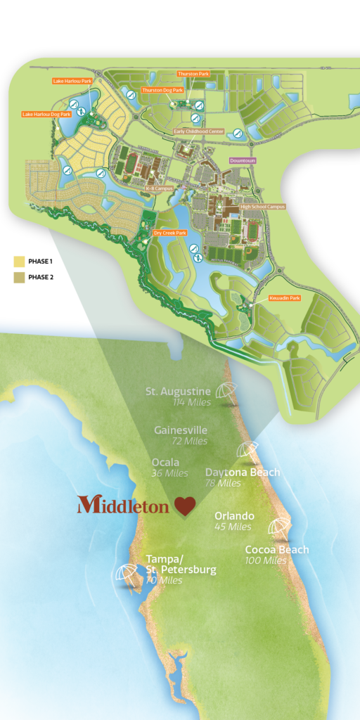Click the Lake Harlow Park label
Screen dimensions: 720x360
point(72,81)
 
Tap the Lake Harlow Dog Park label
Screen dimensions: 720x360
point(46,114)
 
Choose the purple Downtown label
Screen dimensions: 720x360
point(243,160)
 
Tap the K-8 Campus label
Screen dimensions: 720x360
point(160,188)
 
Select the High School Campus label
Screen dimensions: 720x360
point(263,207)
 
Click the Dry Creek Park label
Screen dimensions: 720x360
point(169,233)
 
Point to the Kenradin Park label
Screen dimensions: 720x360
point(284,298)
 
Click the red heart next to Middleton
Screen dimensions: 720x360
point(185,506)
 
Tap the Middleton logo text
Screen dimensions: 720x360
point(123,504)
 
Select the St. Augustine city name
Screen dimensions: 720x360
point(178,391)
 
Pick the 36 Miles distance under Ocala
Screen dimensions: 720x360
point(169,473)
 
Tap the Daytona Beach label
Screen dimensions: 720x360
point(243,472)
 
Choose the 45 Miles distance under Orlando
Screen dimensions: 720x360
point(233,527)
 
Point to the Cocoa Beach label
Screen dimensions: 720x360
point(276,550)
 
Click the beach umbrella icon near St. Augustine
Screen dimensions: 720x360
point(226,391)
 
